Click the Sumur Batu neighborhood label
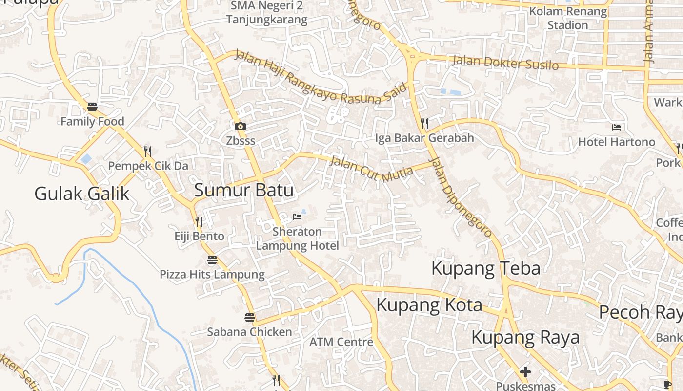tap(244, 190)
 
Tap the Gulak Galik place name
tap(81, 194)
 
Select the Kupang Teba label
tap(485, 268)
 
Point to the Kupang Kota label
tap(429, 305)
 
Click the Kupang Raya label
tap(525, 337)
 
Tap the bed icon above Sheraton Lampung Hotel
tap(297, 217)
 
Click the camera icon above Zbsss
tap(240, 126)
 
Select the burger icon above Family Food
tap(92, 107)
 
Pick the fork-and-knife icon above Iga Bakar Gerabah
tap(424, 123)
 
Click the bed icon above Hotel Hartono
tap(617, 127)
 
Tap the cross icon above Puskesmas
tap(525, 372)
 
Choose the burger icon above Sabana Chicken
tap(250, 318)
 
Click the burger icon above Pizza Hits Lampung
tap(212, 260)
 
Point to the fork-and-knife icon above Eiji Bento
tap(199, 222)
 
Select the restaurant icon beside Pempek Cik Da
tap(148, 151)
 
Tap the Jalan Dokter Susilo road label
tap(505, 63)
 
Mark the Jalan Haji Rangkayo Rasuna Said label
tap(320, 77)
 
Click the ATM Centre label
tap(341, 342)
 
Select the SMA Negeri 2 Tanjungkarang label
tap(267, 13)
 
